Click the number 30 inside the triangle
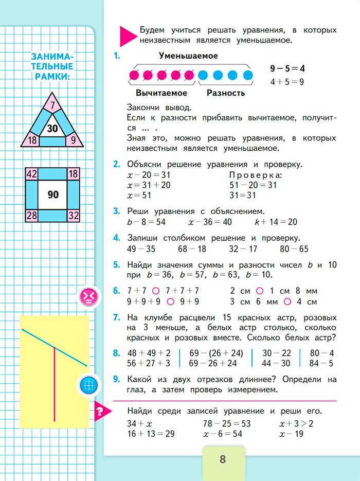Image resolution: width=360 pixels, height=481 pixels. click(52, 128)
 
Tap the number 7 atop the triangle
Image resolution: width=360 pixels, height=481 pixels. click(52, 106)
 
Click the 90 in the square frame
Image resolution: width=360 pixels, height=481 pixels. click(53, 195)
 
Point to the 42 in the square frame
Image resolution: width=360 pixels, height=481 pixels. click(31, 174)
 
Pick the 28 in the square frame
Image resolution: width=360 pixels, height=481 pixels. click(31, 215)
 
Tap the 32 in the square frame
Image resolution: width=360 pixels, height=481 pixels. click(73, 215)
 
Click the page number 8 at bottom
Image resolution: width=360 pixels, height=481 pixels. click(223, 459)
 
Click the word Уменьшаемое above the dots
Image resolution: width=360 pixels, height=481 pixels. click(188, 56)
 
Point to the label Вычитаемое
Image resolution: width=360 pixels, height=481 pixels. click(161, 93)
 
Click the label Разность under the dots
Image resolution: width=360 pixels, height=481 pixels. click(226, 93)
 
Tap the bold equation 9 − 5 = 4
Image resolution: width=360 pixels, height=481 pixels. click(287, 68)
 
